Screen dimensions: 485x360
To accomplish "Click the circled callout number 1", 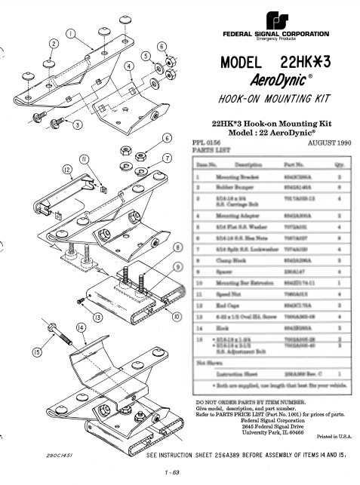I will click(70, 34).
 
